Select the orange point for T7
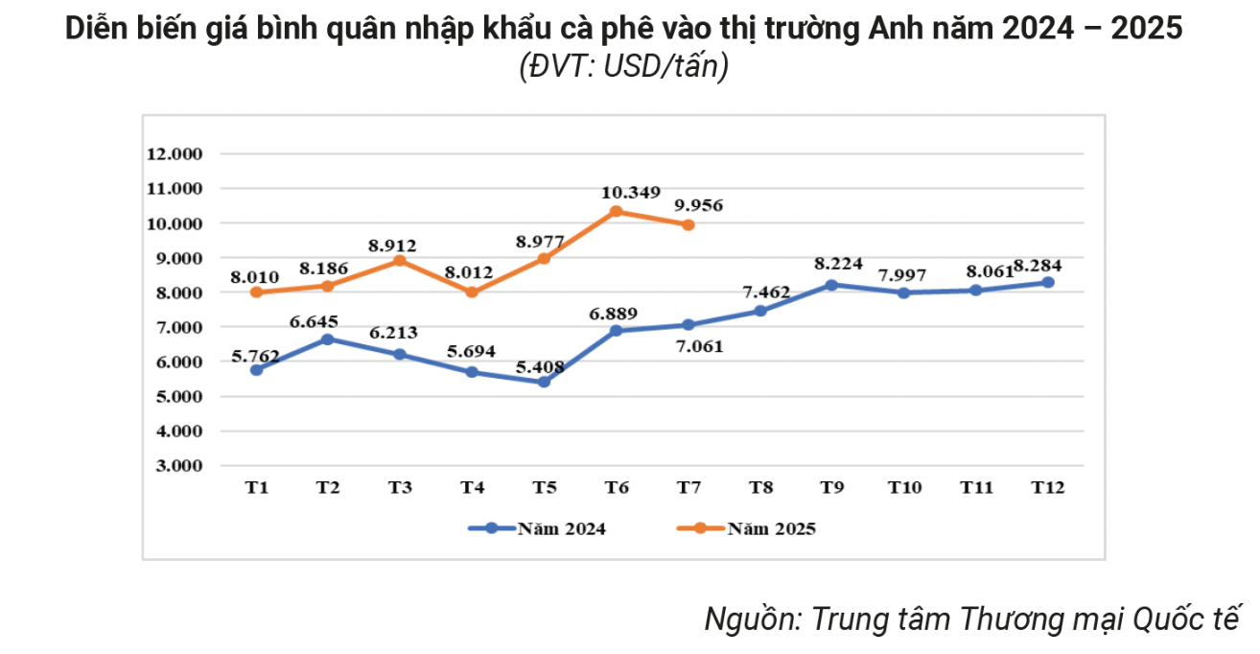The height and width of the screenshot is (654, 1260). click(688, 224)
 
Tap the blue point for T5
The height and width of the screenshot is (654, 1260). click(544, 382)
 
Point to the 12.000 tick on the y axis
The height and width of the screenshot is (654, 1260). click(175, 153)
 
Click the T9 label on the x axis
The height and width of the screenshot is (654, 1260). click(832, 488)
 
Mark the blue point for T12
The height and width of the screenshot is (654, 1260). click(1048, 282)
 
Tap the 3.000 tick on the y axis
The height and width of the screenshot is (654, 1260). click(175, 465)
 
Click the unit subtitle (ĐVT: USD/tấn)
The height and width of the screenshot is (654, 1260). click(623, 68)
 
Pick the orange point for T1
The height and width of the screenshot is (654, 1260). click(256, 292)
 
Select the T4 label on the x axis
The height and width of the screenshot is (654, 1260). click(472, 488)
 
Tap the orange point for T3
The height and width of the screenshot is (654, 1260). click(400, 260)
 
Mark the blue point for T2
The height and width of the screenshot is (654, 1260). click(328, 339)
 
